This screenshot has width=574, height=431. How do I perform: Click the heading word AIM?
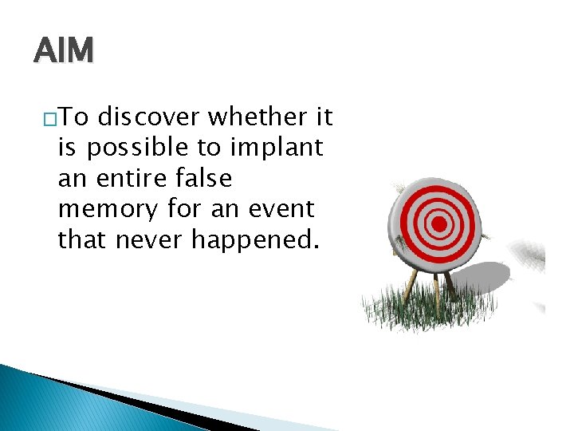point(64,51)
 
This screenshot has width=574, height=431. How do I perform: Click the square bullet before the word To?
point(49,120)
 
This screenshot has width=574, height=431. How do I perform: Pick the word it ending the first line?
point(324,118)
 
